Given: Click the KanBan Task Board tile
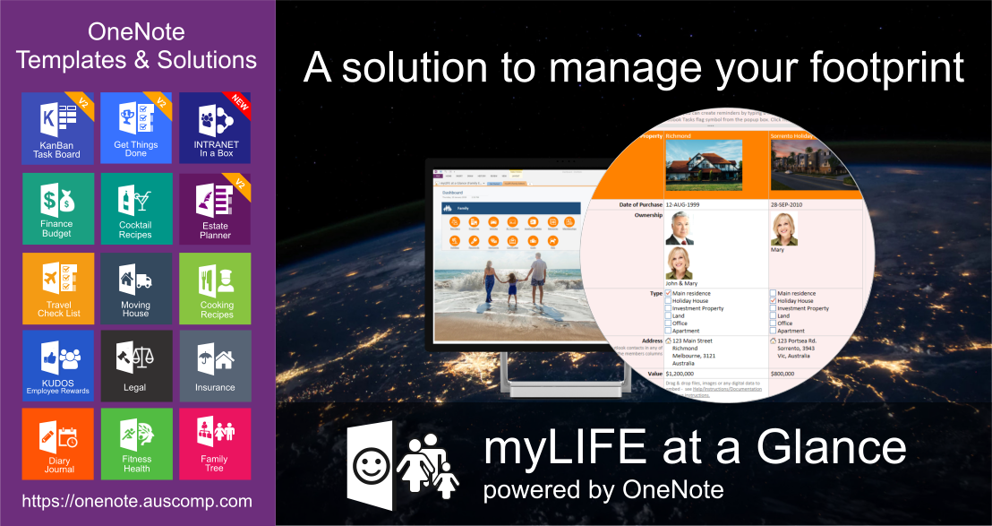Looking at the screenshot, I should tap(57, 128).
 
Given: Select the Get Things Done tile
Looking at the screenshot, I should tap(136, 128).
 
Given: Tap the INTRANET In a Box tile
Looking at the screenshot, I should tap(215, 128).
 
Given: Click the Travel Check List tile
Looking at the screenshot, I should tap(57, 288).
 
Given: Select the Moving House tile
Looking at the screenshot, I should tap(136, 288).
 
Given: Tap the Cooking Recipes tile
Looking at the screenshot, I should tap(215, 288).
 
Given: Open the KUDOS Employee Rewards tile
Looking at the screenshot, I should tap(57, 366).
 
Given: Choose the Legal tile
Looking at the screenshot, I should tap(136, 366).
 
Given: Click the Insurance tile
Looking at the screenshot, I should tap(215, 366).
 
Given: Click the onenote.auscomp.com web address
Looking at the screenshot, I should tap(137, 502).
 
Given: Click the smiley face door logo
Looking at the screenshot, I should tap(368, 461).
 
